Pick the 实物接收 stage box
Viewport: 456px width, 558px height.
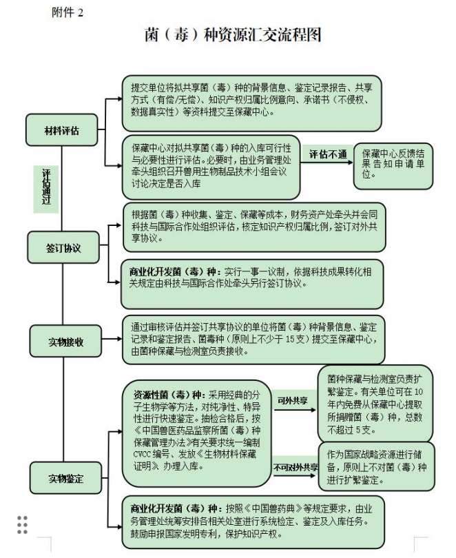point(65,341)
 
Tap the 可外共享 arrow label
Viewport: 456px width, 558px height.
point(292,400)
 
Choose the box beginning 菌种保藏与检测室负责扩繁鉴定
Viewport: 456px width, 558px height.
point(375,402)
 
